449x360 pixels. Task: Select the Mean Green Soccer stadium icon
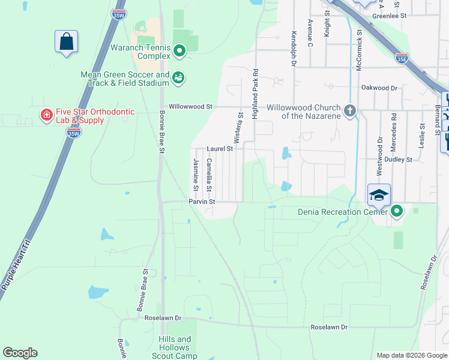178,77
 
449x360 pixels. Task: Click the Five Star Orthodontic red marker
46,115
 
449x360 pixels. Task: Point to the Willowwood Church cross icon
351,110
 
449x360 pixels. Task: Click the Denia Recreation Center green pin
396,211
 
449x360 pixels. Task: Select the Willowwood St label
191,106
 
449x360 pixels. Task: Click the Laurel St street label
220,148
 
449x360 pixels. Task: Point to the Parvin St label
202,202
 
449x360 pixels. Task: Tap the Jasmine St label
196,171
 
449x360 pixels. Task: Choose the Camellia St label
209,175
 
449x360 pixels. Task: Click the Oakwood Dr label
379,88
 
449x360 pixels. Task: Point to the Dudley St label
399,160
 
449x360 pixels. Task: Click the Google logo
20,353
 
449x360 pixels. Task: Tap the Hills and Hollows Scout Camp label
175,347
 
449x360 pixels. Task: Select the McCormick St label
359,52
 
